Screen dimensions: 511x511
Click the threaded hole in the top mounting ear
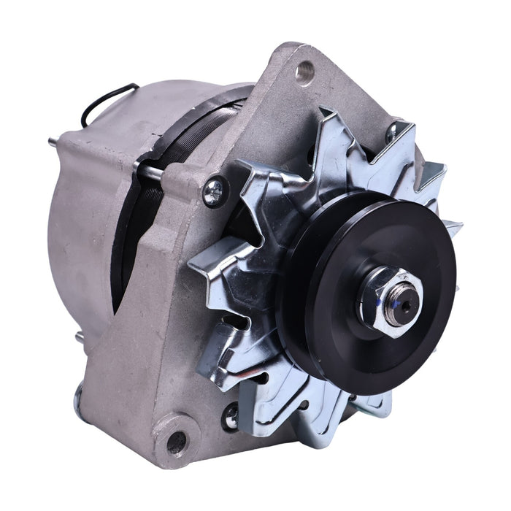pyautogui.click(x=304, y=72)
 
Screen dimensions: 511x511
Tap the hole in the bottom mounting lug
pyautogui.click(x=176, y=441)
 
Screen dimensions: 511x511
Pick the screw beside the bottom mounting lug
pyautogui.click(x=231, y=416)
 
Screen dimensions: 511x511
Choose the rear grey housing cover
pyautogui.click(x=80, y=219)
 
